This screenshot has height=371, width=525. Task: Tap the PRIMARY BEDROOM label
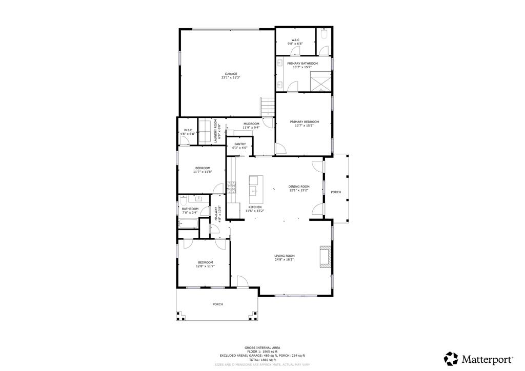304,122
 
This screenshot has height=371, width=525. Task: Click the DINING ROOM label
298,187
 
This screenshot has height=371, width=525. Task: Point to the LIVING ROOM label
284,256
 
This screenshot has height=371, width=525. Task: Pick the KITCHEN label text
255,207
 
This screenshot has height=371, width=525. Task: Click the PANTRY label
240,144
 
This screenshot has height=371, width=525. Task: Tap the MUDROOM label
251,123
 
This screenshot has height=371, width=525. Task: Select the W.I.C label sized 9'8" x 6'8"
295,40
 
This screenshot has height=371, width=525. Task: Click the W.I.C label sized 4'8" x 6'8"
188,130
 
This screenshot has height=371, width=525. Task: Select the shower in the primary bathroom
320,81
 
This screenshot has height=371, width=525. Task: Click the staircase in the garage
268,107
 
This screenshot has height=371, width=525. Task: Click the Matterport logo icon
451,358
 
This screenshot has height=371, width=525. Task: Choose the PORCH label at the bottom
218,304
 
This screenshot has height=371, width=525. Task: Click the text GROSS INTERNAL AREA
262,347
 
